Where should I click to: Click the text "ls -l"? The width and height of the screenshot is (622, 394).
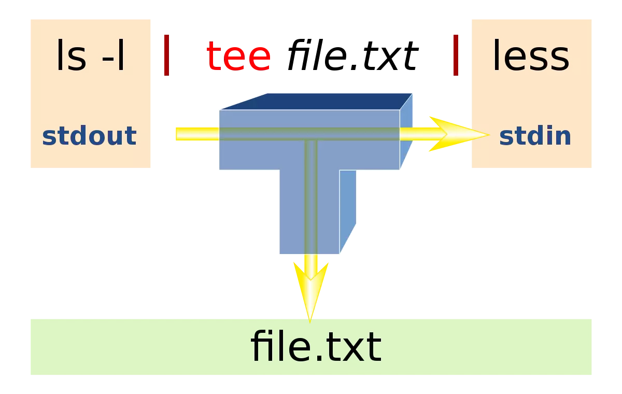[91, 55]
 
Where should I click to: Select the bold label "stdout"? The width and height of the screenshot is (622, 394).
[89, 135]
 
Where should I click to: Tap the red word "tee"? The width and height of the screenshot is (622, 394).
[238, 56]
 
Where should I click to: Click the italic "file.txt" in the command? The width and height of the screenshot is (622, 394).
[352, 55]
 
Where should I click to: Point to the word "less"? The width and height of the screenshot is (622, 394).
[531, 55]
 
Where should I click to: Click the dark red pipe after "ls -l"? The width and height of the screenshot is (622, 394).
[166, 55]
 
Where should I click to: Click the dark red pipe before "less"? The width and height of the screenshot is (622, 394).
[456, 55]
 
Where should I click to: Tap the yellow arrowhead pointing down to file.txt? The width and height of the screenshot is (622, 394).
[310, 291]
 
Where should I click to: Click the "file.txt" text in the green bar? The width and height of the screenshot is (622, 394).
[316, 346]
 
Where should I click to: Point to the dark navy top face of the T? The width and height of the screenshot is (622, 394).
[317, 102]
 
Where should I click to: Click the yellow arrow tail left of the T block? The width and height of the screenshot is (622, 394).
[197, 134]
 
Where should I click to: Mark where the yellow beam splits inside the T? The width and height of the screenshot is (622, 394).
[310, 134]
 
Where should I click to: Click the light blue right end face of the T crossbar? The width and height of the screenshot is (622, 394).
[406, 131]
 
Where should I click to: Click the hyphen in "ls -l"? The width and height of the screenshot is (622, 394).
[108, 60]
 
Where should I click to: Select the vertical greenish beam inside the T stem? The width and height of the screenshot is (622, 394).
[310, 197]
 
